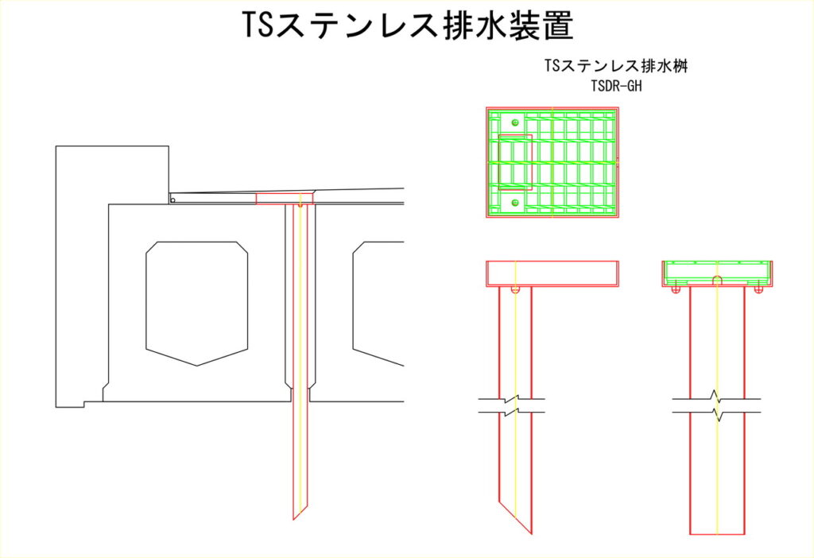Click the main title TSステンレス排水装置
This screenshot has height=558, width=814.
(x=408, y=25)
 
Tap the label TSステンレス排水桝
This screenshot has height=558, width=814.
(x=616, y=66)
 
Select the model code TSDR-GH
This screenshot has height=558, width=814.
(x=616, y=86)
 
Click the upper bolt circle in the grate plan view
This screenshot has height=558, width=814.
(x=515, y=122)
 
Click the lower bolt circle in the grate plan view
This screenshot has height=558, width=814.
(x=515, y=203)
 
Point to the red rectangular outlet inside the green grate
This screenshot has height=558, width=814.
(x=515, y=162)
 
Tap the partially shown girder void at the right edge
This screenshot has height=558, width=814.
(x=378, y=303)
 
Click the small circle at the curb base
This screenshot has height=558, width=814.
(x=173, y=200)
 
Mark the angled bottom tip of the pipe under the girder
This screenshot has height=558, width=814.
(x=294, y=518)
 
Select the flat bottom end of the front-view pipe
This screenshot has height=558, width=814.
(x=717, y=534)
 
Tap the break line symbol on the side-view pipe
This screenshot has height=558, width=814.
(x=511, y=405)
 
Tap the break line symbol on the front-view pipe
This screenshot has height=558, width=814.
(x=717, y=405)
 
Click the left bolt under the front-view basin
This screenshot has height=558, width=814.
(x=676, y=289)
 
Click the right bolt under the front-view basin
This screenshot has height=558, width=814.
(x=758, y=289)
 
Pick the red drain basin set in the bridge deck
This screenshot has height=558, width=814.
(x=285, y=199)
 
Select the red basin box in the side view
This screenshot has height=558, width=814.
(x=552, y=273)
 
